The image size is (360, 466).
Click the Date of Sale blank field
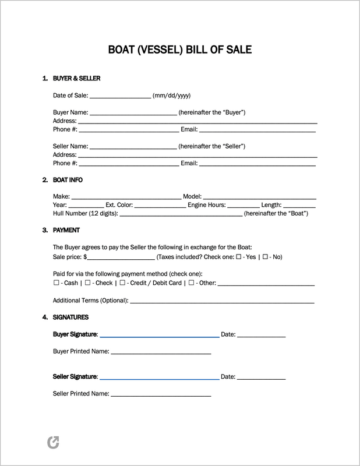pyautogui.click(x=120, y=96)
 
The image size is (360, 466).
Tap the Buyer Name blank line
pyautogui.click(x=133, y=112)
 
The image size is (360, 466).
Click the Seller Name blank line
pyautogui.click(x=133, y=146)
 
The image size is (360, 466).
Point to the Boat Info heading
pyautogui.click(x=69, y=180)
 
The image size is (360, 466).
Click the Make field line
pyautogui.click(x=126, y=197)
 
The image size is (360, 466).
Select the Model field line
pyautogui.click(x=259, y=197)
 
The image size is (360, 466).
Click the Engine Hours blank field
pyautogui.click(x=243, y=206)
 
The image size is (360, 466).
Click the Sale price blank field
pyautogui.click(x=121, y=257)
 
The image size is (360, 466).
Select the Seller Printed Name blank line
pyautogui.click(x=161, y=394)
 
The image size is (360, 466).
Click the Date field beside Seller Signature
pyautogui.click(x=261, y=377)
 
